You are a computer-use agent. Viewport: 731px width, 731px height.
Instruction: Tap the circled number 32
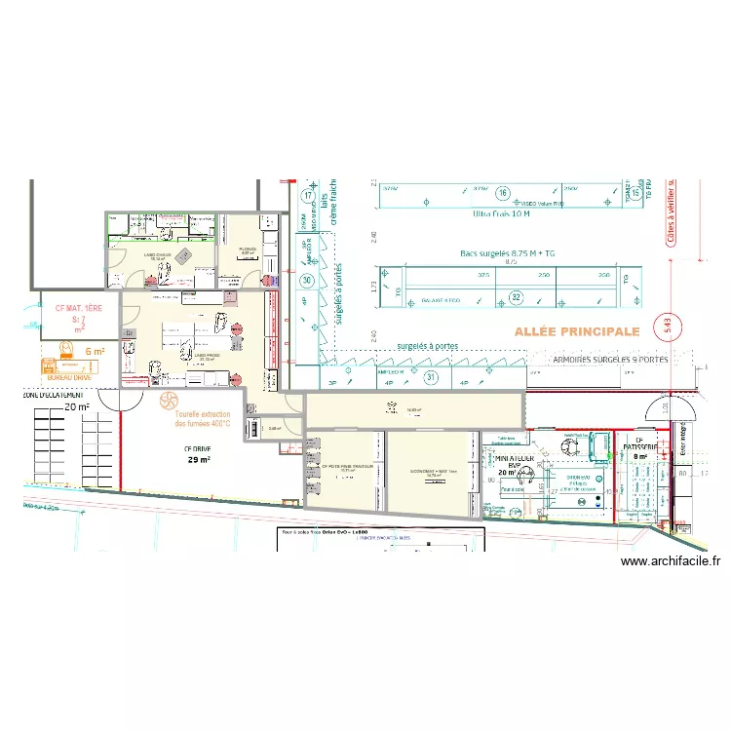pyautogui.click(x=517, y=297)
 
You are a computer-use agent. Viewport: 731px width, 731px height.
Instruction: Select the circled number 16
pyautogui.click(x=503, y=191)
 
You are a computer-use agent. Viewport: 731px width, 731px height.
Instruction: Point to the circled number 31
pyautogui.click(x=431, y=376)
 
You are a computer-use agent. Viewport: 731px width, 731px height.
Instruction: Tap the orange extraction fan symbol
pyautogui.click(x=168, y=400)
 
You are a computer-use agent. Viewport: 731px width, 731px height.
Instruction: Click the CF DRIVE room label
pyautogui.click(x=198, y=449)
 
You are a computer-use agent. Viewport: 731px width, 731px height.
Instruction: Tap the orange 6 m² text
pyautogui.click(x=95, y=351)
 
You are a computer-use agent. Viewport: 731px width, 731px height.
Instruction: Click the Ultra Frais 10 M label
pyautogui.click(x=501, y=213)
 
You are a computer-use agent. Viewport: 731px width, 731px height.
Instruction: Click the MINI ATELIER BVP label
pyautogui.click(x=514, y=459)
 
